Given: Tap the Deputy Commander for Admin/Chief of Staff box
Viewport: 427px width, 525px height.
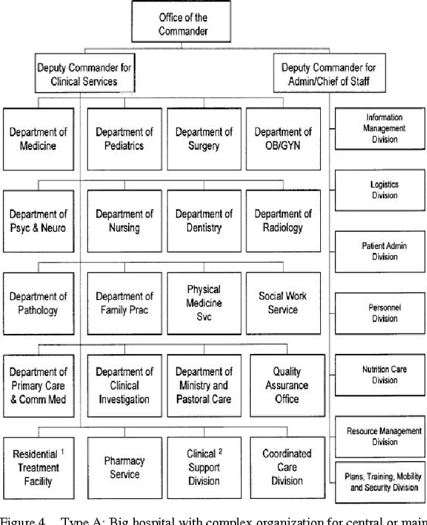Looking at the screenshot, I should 328,75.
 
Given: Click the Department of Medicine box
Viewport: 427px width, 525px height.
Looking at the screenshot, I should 38,139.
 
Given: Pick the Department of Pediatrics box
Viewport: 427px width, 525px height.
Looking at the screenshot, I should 124,139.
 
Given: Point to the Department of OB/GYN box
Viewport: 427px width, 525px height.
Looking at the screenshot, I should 283,139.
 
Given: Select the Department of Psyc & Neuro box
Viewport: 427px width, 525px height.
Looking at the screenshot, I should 38,221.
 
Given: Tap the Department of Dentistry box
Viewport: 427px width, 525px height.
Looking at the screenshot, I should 203,221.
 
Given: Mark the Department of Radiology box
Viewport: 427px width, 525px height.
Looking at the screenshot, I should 283,221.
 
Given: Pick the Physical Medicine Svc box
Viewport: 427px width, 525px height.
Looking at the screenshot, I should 203,303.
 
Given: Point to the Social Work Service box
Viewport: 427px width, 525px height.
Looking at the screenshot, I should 283,303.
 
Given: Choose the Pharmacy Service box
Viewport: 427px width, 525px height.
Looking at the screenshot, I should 124,468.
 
